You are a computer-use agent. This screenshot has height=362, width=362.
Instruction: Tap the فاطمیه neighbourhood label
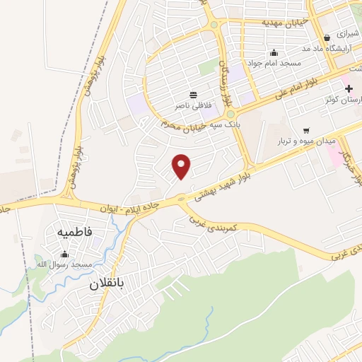tap(75, 233)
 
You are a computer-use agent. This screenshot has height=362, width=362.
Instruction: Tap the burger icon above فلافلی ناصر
tap(193, 94)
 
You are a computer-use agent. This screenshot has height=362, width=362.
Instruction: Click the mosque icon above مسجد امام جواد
tap(274, 52)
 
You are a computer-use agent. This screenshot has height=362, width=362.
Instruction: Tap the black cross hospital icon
tap(348, 88)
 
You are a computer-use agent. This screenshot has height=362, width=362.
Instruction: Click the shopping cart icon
tap(306, 130)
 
